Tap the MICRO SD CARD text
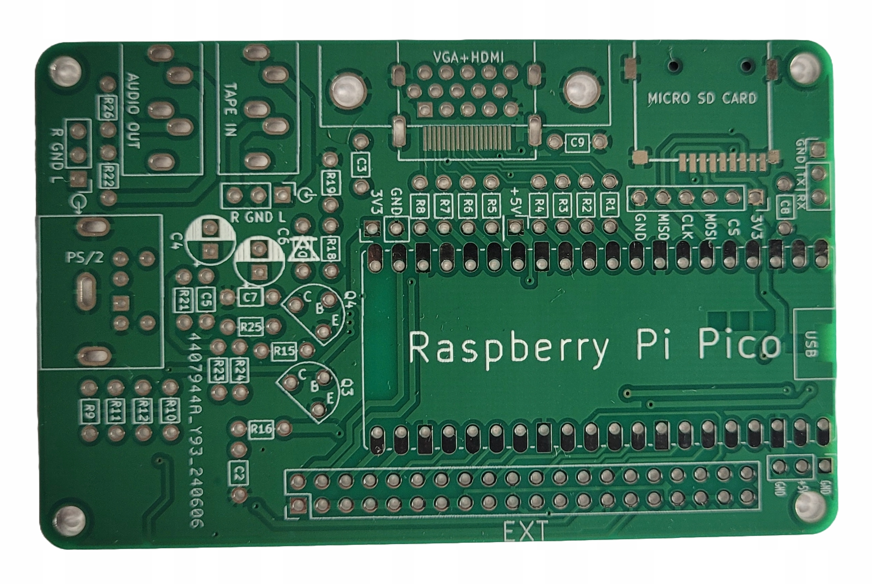[702, 98]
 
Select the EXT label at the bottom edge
[525, 531]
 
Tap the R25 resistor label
[251, 327]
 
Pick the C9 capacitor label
[577, 142]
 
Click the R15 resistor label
[284, 350]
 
